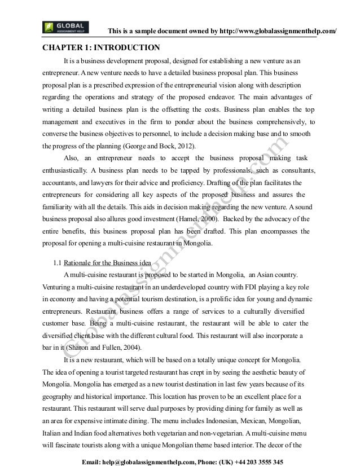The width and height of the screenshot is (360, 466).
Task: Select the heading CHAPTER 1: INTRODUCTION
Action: [x=101, y=47]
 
